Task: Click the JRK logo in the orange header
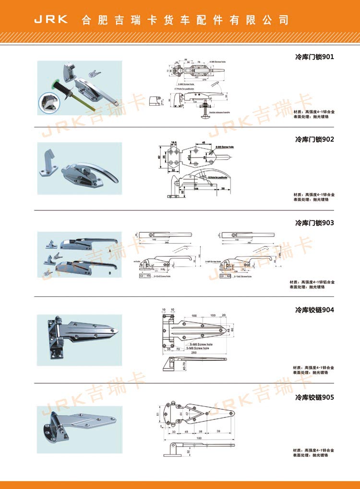51,20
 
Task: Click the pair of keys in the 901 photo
95,73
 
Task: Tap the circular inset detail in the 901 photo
49,102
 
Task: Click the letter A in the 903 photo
110,251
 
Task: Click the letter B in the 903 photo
110,273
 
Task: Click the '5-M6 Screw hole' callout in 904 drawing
201,344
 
